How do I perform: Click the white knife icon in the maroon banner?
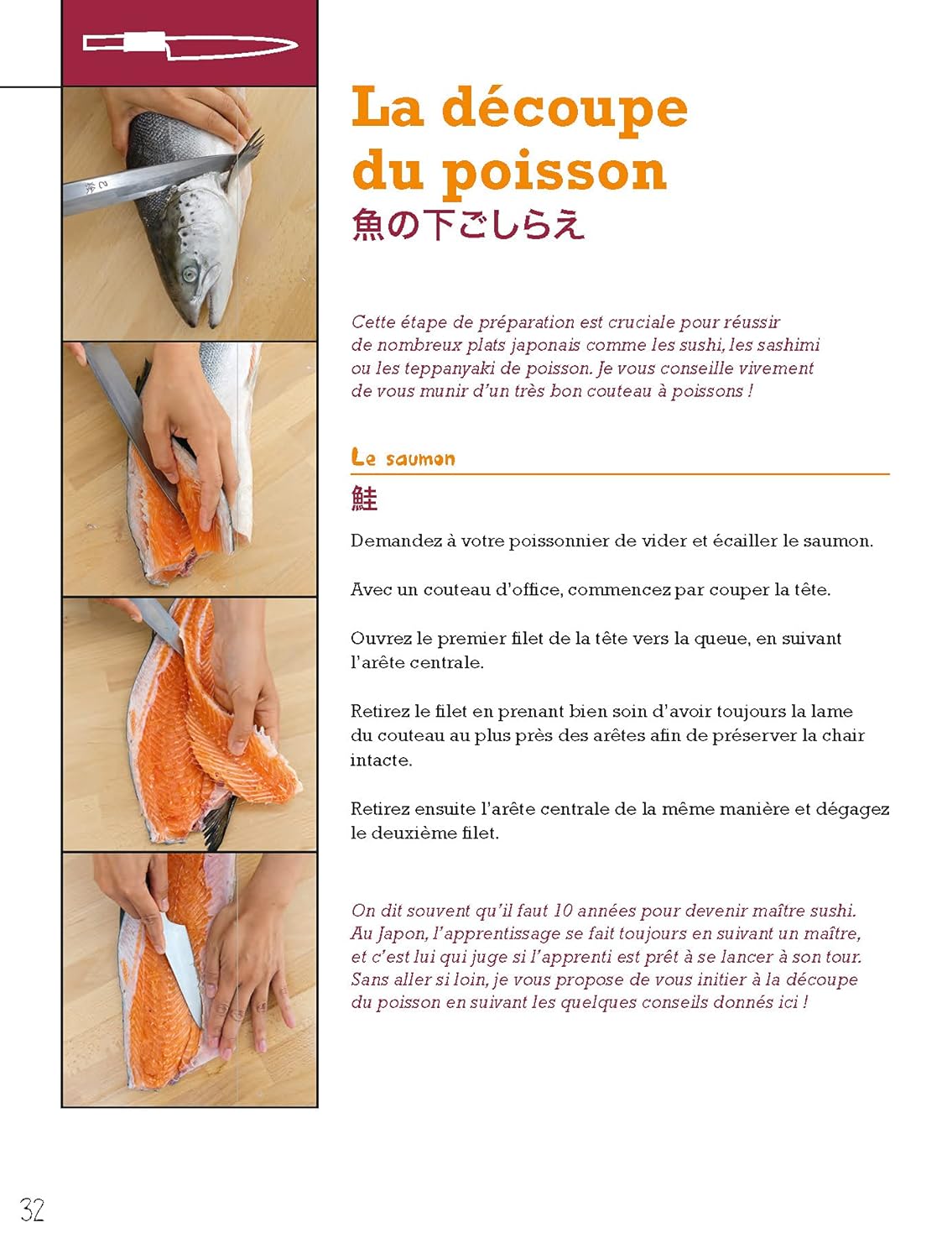(190, 45)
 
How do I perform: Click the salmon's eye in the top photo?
(190, 274)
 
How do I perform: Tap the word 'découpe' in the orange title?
(565, 108)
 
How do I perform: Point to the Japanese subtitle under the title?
(468, 224)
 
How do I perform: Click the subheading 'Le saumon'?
(403, 457)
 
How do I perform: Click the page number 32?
(32, 1209)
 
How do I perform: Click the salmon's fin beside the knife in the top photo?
(243, 156)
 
